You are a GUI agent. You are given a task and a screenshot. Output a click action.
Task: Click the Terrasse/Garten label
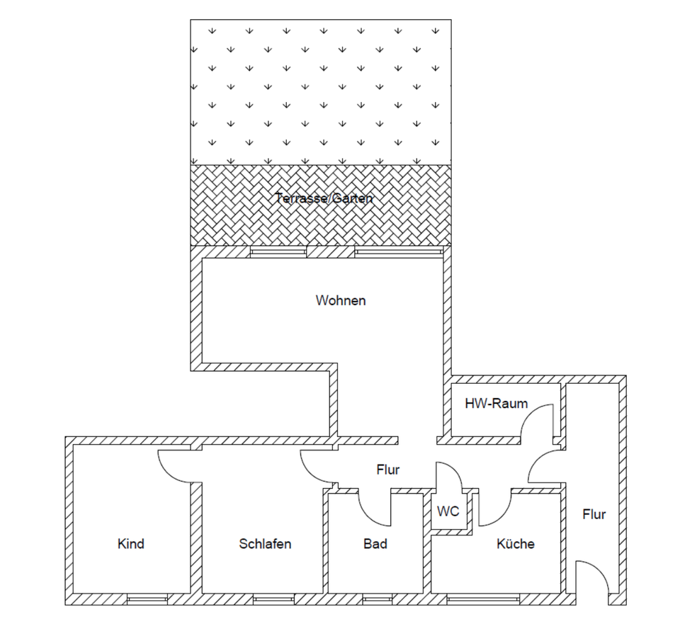[x=324, y=198]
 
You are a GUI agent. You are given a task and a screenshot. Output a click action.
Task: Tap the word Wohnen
[x=341, y=300]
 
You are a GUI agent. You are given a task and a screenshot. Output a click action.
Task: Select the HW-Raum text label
[x=496, y=404]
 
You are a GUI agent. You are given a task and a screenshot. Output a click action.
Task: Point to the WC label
[x=448, y=511]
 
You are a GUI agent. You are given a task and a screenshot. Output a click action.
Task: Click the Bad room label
[x=375, y=544]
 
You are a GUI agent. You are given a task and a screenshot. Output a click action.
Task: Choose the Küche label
[x=516, y=544]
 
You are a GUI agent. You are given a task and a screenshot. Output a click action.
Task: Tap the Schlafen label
[x=265, y=544]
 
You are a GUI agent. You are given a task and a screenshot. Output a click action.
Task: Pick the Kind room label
[x=131, y=544]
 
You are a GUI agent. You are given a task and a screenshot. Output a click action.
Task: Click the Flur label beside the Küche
[x=594, y=514]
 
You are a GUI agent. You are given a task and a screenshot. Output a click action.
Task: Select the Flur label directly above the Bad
[x=388, y=469]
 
